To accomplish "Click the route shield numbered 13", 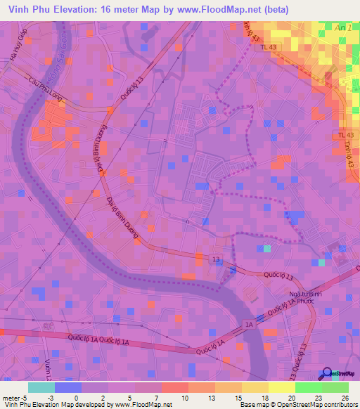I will pos(215,260).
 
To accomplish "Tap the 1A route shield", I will pos(248,324).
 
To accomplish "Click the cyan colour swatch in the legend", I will pos(41,387).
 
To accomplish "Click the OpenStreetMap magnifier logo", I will pos(326,375).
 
